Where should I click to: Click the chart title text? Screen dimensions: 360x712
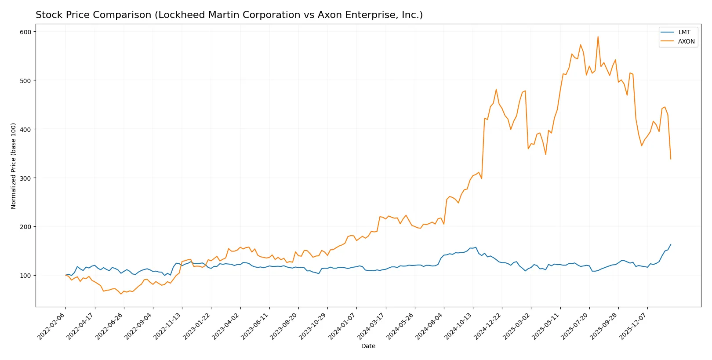pyautogui.click(x=229, y=15)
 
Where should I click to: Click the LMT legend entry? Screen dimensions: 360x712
pyautogui.click(x=684, y=32)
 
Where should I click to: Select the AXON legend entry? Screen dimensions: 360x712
pyautogui.click(x=686, y=41)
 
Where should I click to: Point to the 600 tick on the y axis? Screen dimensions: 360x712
pyautogui.click(x=25, y=32)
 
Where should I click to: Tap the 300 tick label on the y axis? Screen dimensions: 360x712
pyautogui.click(x=25, y=178)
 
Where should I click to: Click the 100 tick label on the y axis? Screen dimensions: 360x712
pyautogui.click(x=25, y=276)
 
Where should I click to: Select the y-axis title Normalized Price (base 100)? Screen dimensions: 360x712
pyautogui.click(x=14, y=166)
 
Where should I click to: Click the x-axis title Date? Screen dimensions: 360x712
pyautogui.click(x=368, y=346)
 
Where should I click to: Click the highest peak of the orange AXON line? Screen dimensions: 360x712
pyautogui.click(x=598, y=37)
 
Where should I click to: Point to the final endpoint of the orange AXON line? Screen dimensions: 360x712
pyautogui.click(x=671, y=159)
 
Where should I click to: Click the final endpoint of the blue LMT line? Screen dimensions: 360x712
pyautogui.click(x=671, y=244)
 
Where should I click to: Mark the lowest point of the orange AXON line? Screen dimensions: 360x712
pyautogui.click(x=121, y=294)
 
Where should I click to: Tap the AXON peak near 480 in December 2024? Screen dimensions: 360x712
pyautogui.click(x=496, y=90)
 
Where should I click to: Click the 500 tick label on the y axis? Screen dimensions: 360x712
pyautogui.click(x=25, y=80)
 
